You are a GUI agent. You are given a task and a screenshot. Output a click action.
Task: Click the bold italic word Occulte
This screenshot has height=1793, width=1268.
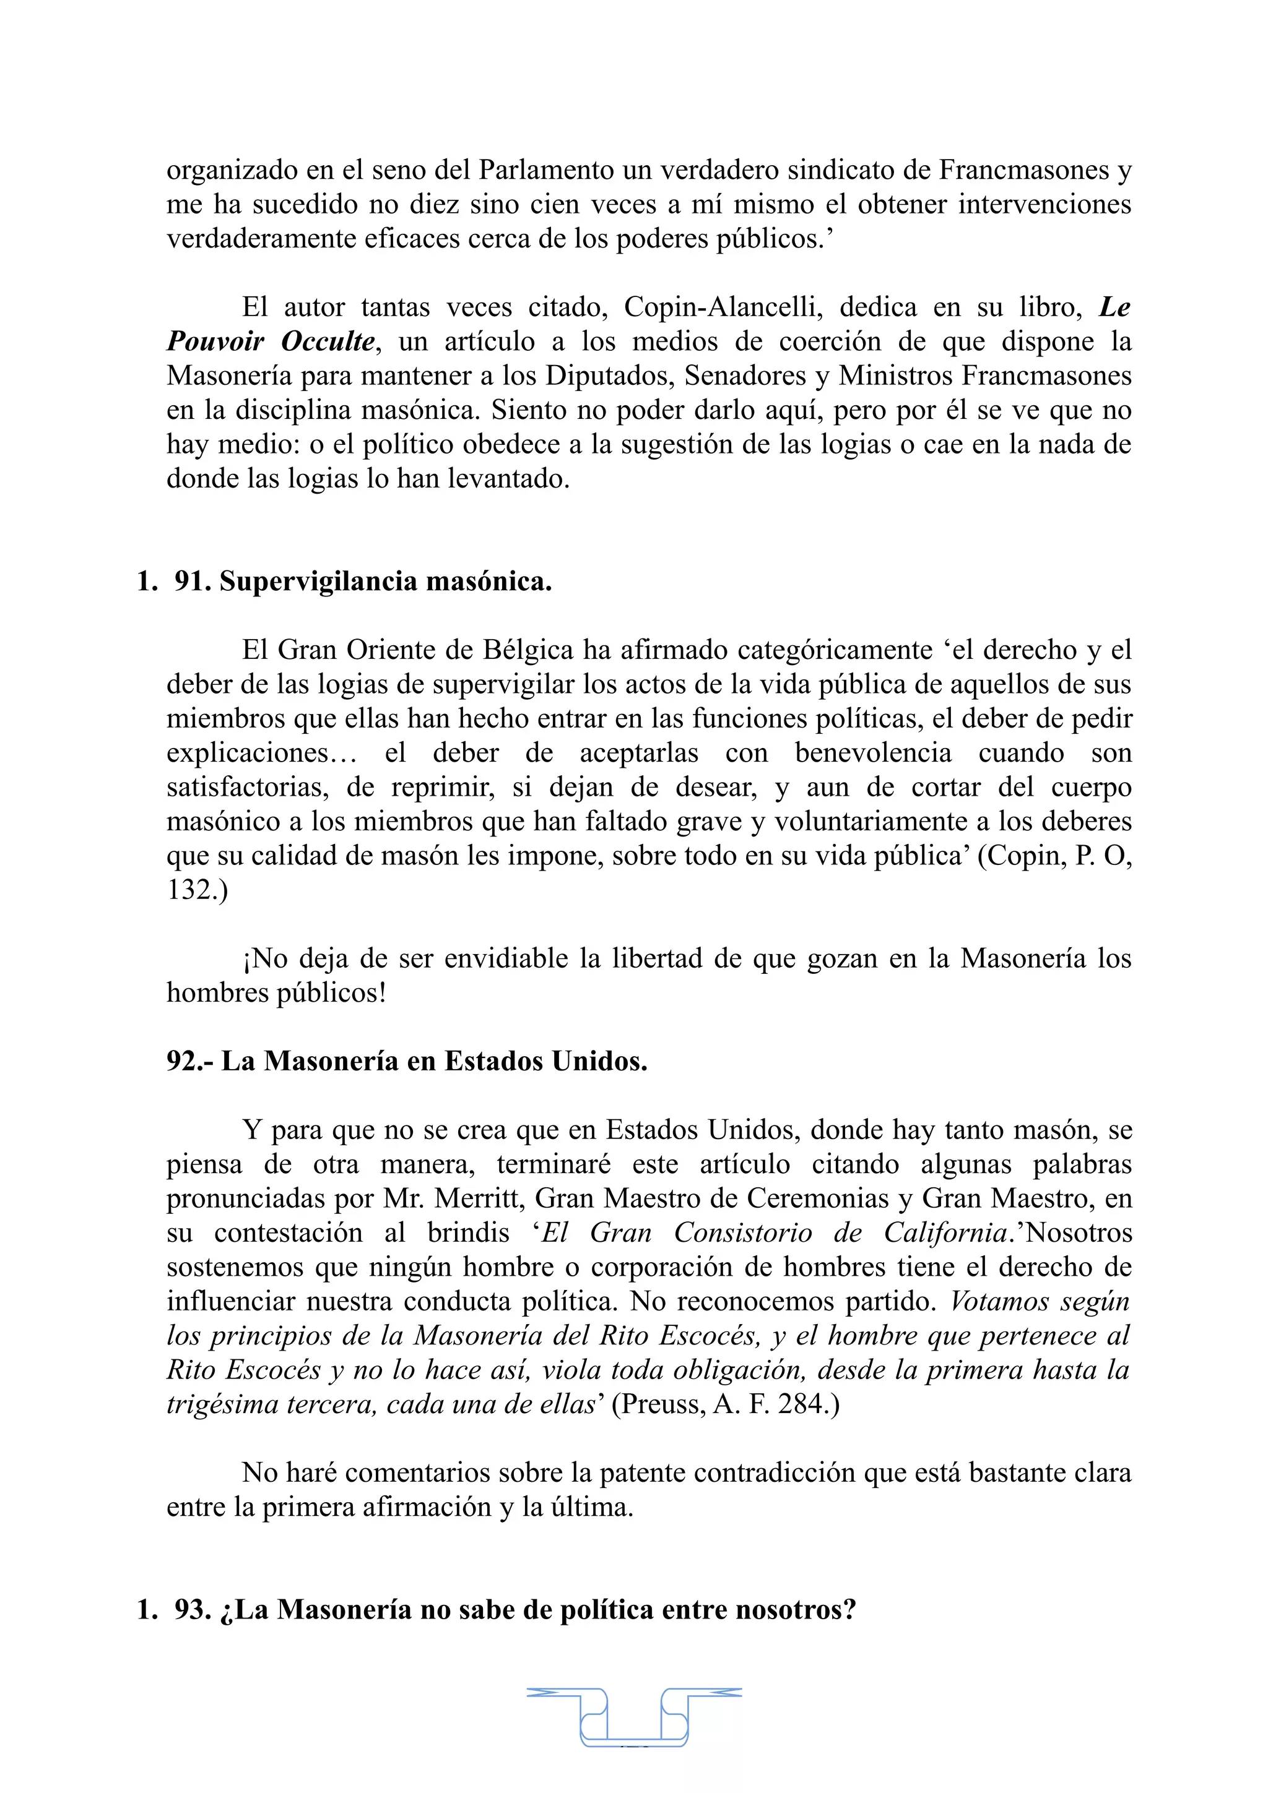tap(328, 342)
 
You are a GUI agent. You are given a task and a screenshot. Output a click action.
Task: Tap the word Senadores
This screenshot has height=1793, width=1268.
tap(746, 376)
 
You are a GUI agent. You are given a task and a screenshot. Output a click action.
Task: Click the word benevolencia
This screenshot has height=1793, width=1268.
tap(872, 753)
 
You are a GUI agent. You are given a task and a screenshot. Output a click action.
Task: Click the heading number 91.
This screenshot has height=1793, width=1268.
tap(192, 581)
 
